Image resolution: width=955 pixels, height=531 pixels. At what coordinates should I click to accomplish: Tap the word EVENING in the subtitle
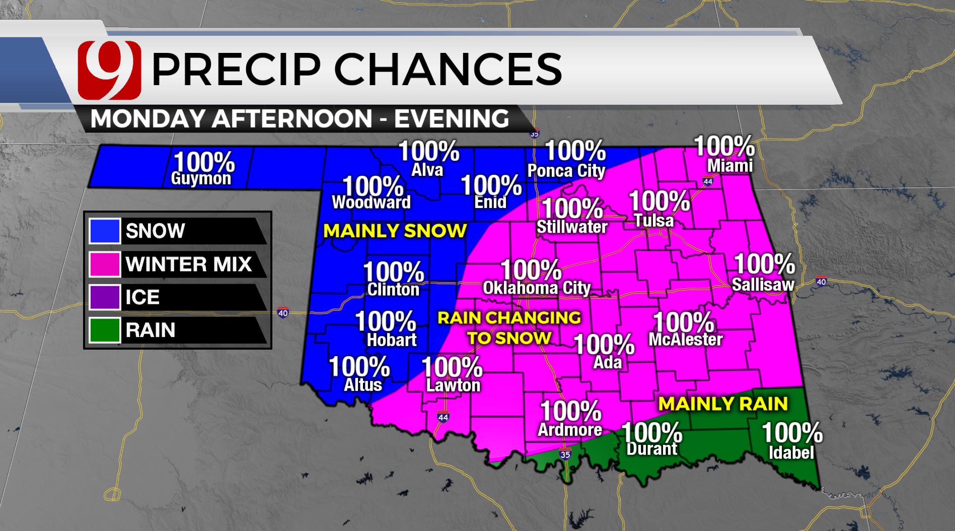point(451,119)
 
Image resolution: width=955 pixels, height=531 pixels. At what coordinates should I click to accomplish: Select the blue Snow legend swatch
point(105,231)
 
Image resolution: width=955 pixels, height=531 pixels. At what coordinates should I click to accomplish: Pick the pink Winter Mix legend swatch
point(105,264)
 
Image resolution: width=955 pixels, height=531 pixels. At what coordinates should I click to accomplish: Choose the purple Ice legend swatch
point(105,297)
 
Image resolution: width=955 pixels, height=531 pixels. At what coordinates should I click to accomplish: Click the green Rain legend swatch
point(105,330)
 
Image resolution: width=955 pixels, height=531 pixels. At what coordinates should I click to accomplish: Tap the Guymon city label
point(201,178)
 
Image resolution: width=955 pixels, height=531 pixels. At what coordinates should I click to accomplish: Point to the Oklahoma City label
point(537,288)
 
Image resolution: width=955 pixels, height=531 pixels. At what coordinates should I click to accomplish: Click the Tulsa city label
point(653,220)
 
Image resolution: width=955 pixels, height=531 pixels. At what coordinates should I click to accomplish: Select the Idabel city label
point(791,452)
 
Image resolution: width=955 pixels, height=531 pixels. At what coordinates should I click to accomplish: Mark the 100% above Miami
point(724,146)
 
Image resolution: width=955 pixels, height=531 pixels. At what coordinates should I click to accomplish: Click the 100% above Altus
point(359,367)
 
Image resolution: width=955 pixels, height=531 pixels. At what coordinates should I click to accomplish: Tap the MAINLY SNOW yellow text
point(395,231)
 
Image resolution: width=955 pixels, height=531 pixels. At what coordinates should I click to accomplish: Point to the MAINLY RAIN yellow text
point(723,404)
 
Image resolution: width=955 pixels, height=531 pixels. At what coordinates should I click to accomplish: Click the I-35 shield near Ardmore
point(565,454)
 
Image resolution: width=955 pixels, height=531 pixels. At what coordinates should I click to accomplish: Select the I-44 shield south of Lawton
point(443,417)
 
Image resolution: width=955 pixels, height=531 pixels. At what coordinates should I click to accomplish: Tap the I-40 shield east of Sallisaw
point(821,282)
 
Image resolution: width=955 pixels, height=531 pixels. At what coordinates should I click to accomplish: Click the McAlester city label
point(685,340)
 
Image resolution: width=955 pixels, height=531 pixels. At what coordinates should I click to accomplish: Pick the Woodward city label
point(371,203)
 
